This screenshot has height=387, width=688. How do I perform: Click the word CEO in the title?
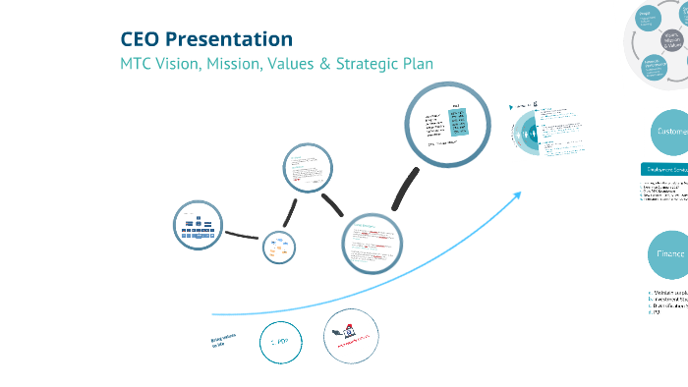click(x=141, y=39)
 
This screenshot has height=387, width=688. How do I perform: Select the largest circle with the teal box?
click(x=444, y=121)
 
